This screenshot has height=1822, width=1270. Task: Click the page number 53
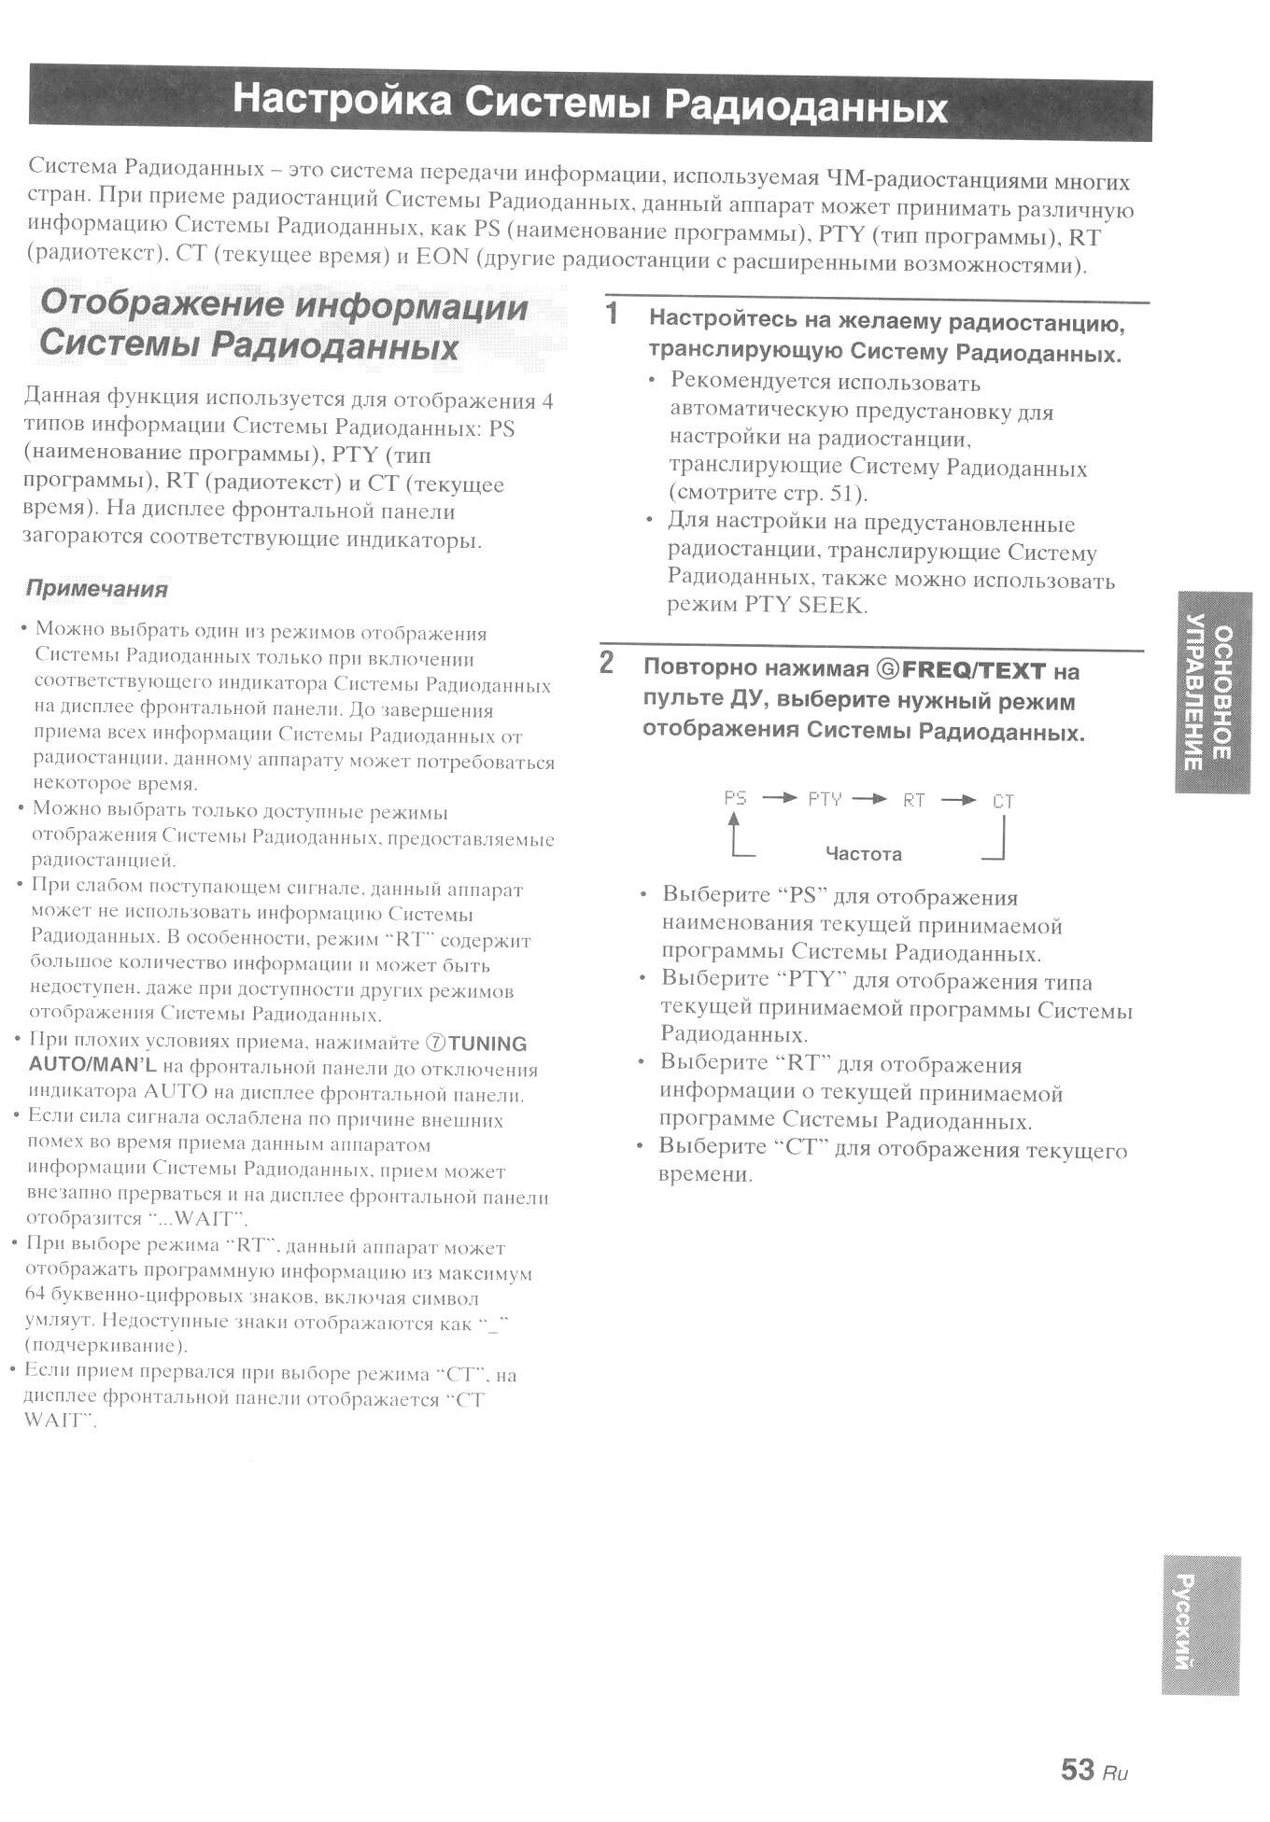(1077, 1769)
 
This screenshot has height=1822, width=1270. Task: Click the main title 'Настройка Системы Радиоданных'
(590, 103)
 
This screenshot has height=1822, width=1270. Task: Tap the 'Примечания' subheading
(97, 589)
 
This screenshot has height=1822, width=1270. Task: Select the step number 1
(613, 314)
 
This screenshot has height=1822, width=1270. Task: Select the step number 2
(607, 663)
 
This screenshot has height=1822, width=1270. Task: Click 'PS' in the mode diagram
(735, 798)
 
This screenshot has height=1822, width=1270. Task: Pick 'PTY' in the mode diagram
(825, 799)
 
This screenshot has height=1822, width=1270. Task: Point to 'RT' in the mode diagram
(913, 800)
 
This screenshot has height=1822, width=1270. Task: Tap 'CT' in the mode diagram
(1003, 801)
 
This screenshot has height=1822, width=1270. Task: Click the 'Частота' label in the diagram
(863, 854)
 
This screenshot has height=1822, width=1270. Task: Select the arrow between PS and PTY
(780, 798)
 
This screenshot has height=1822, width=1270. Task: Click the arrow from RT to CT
(958, 800)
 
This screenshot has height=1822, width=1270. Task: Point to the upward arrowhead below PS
(734, 820)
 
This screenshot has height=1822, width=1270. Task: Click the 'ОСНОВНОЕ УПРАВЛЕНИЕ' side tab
(1210, 692)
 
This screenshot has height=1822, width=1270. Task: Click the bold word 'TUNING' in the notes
(487, 1044)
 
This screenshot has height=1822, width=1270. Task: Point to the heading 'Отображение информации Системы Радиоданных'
(283, 325)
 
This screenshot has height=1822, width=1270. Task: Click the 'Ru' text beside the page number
(1115, 1773)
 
